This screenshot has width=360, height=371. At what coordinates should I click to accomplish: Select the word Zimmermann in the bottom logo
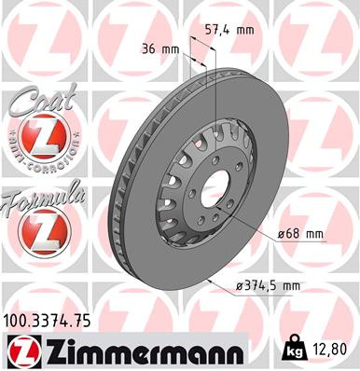coord(141,351)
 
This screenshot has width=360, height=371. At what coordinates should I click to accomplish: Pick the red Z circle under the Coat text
coord(37,138)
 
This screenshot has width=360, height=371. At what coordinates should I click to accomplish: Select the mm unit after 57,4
coord(245,31)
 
